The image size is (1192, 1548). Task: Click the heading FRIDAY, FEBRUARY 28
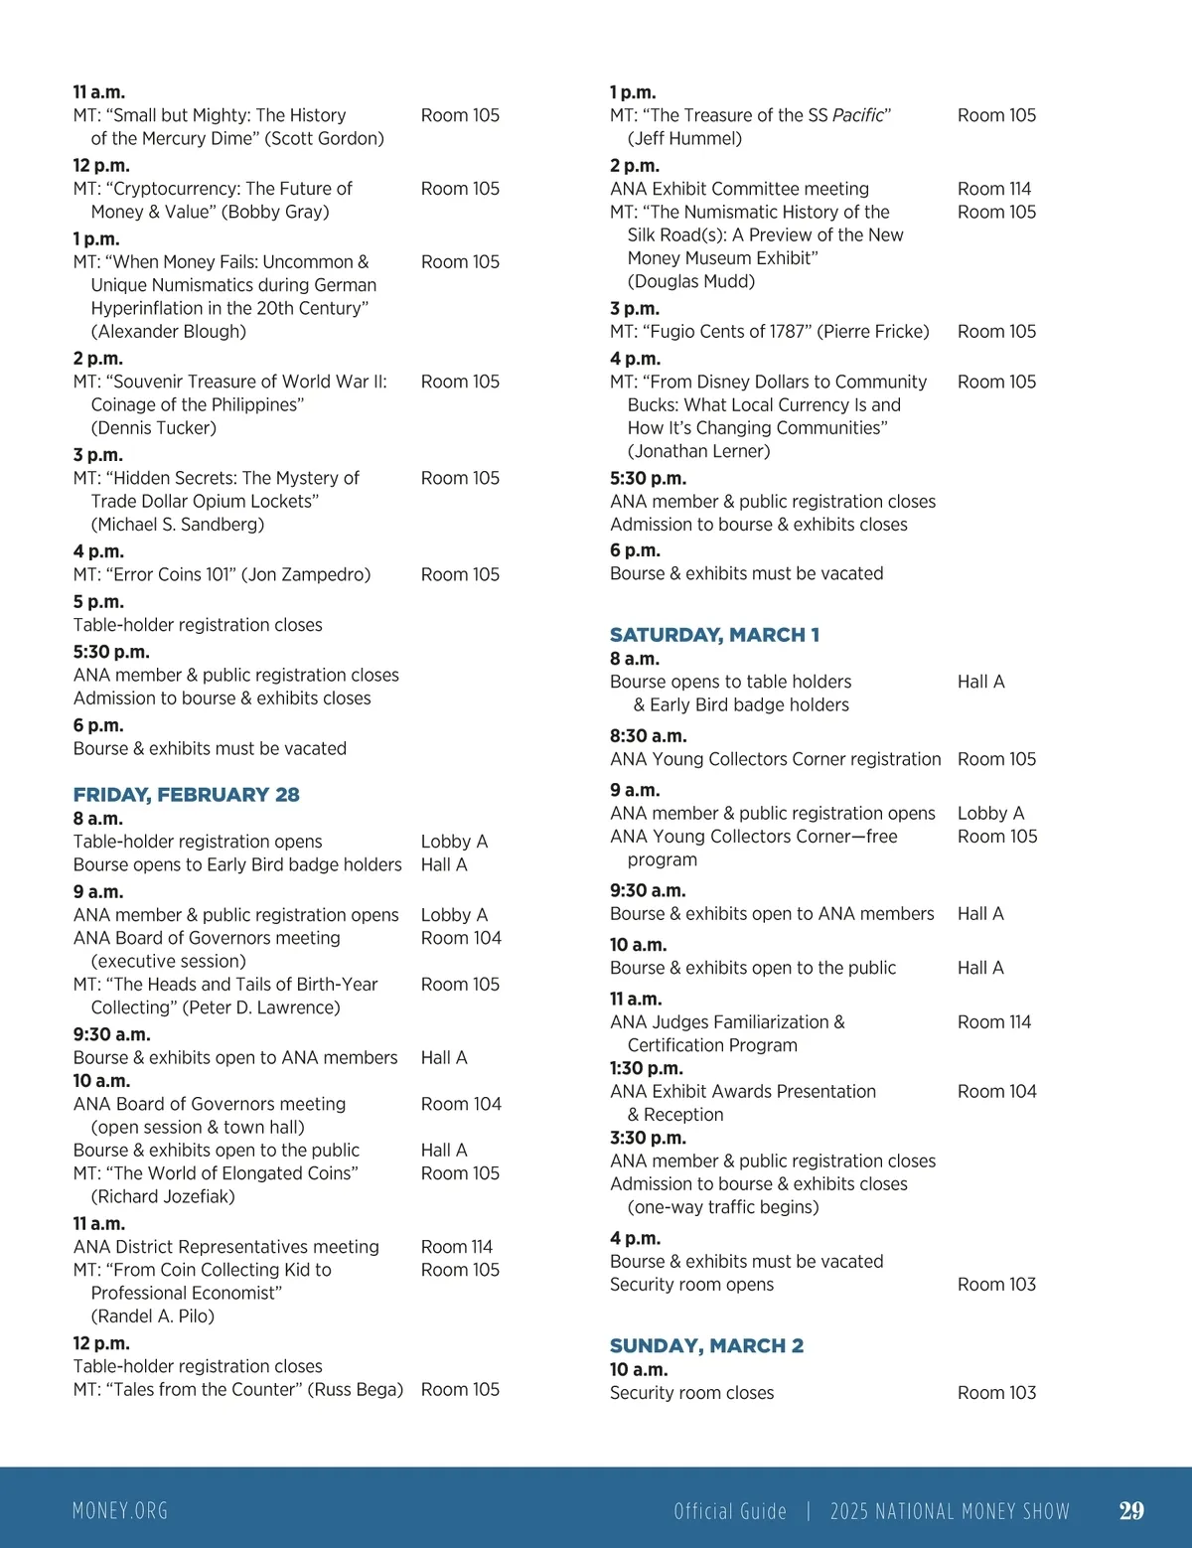coord(186,795)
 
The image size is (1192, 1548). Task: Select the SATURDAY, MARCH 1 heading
coord(714,635)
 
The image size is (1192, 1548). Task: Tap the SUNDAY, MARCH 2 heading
coord(706,1346)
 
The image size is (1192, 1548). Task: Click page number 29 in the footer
coord(1131,1511)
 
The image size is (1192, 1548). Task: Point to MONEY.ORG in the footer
coord(120,1511)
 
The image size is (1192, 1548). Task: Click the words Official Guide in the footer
coord(730,1511)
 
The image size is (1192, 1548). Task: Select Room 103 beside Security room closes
coord(996,1393)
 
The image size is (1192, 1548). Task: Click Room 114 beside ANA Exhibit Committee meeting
coord(994,189)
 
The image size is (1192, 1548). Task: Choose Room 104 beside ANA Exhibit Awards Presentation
coord(996,1092)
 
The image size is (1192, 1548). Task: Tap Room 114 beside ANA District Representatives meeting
coord(457,1247)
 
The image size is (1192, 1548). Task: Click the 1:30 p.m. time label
coord(647,1069)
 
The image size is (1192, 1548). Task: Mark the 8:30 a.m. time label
coord(649,736)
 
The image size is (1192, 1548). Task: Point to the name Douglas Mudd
coord(691,281)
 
